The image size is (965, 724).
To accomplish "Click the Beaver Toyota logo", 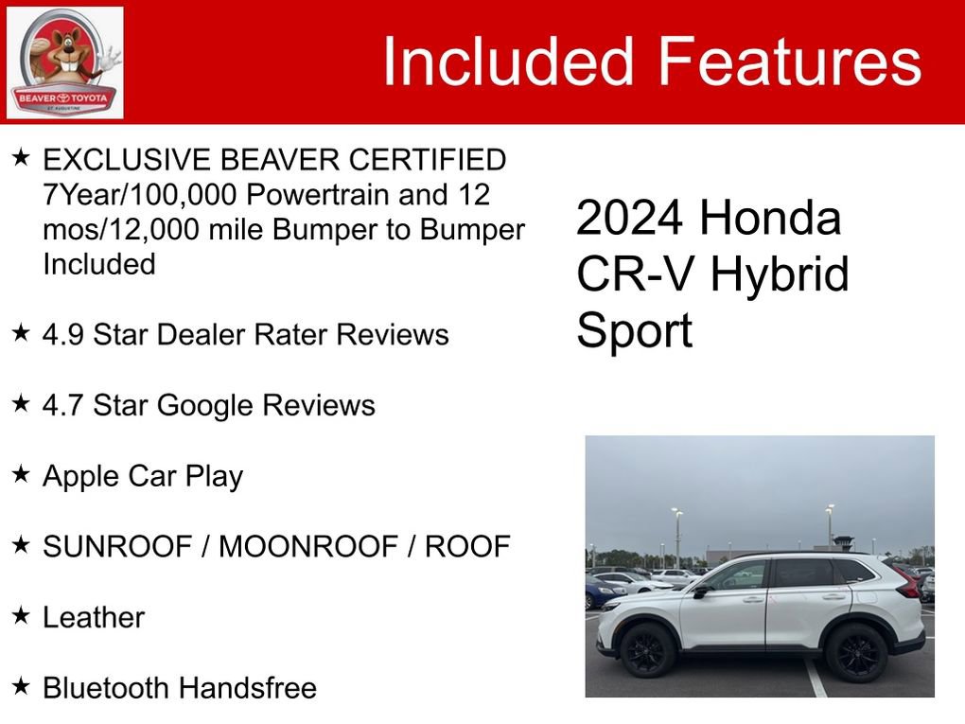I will pos(64,62).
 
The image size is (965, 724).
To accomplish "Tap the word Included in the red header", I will pos(508,62).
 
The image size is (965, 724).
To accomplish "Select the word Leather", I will pos(94,617).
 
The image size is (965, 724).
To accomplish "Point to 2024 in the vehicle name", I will pos(630,220).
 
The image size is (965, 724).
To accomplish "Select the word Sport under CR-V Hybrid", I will pos(635,331).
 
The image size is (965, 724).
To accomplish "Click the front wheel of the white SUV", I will pos(648,650).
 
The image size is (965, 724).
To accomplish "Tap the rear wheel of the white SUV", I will pos(855,652).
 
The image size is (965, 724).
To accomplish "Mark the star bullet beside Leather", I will pos(22,616).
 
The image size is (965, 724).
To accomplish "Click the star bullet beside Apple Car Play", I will pos(22,474).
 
